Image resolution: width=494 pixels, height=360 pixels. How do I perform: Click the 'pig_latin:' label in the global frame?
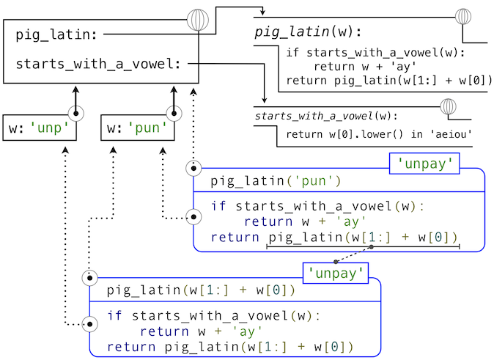click(x=58, y=34)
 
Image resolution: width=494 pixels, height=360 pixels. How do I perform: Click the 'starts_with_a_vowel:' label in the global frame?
click(x=97, y=64)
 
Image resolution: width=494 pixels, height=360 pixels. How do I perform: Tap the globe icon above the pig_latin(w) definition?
click(x=463, y=17)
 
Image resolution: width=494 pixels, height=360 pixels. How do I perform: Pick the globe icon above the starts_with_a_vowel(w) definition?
click(x=448, y=107)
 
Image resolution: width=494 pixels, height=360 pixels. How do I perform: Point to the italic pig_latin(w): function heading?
click(x=308, y=33)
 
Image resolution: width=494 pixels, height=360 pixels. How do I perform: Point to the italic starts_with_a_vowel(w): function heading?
click(x=325, y=117)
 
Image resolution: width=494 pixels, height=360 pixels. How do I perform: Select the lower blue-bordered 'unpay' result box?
click(x=336, y=274)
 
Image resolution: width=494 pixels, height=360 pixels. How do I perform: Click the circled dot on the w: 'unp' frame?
click(x=75, y=114)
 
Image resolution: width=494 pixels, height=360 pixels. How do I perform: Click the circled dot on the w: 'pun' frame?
click(x=174, y=114)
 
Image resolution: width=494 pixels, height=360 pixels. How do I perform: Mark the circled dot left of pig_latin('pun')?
click(x=193, y=168)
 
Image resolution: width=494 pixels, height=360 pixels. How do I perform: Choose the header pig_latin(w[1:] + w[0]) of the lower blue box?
click(x=201, y=290)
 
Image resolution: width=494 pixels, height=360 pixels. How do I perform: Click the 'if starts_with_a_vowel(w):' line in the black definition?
click(x=375, y=53)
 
